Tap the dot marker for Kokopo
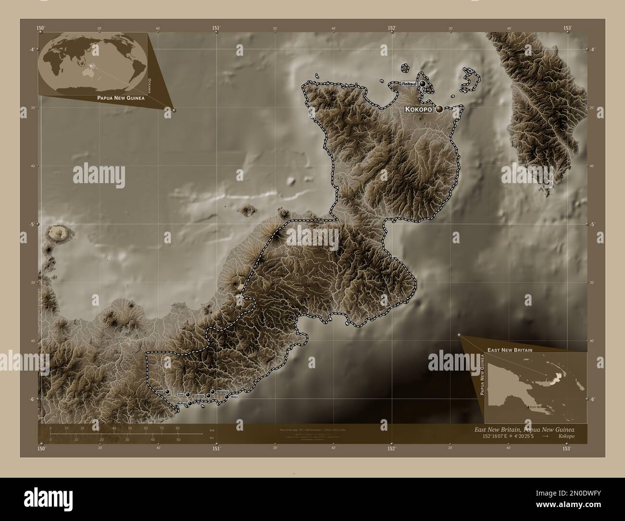pyautogui.click(x=439, y=110)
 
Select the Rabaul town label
pyautogui.click(x=410, y=84)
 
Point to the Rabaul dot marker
pyautogui.click(x=423, y=84)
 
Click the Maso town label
pyautogui.click(x=234, y=397)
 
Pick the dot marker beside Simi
pyautogui.click(x=187, y=394)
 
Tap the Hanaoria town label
pyautogui.click(x=222, y=392)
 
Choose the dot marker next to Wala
pyautogui.click(x=167, y=392)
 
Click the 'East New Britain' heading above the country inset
pyautogui.click(x=510, y=350)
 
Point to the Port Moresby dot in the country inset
pyautogui.click(x=527, y=408)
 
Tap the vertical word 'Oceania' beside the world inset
pyautogui.click(x=150, y=86)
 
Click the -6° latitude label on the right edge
pyautogui.click(x=593, y=398)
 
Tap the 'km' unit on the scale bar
pyautogui.click(x=212, y=430)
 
